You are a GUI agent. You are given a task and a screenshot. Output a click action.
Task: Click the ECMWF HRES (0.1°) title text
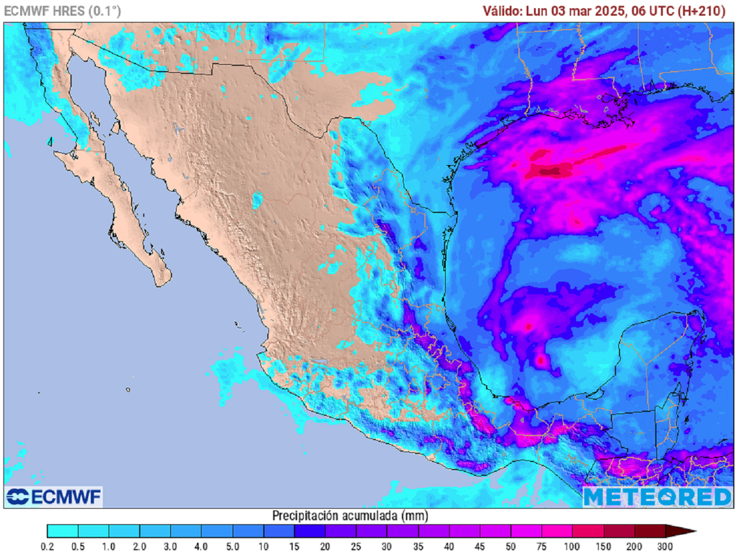pos(63,11)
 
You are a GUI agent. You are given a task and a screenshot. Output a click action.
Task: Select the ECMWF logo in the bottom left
pos(54,497)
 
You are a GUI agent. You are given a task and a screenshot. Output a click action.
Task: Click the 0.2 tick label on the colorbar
pos(47,547)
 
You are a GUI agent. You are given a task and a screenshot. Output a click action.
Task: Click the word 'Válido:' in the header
pos(504,11)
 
